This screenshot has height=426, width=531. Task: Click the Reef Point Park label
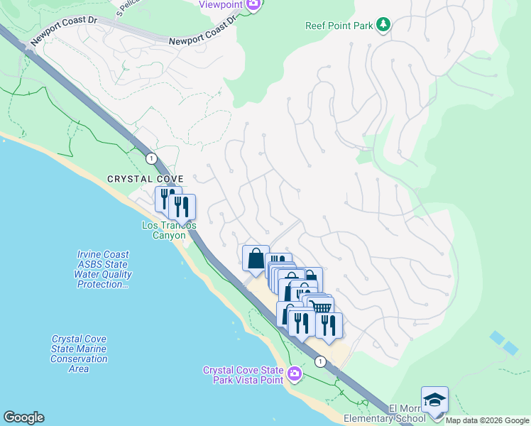click(x=339, y=26)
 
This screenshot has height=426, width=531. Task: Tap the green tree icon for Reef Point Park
click(x=383, y=25)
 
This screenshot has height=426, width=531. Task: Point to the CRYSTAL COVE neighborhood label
click(x=146, y=179)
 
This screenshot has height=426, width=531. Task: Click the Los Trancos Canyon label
click(x=169, y=230)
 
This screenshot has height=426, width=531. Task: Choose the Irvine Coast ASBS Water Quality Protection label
click(x=104, y=270)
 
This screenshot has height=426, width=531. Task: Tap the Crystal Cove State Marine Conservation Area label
click(x=79, y=354)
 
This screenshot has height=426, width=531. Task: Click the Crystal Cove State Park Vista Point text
click(x=243, y=375)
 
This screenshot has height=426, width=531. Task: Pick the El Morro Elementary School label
click(x=407, y=413)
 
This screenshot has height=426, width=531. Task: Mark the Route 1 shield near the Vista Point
click(x=321, y=361)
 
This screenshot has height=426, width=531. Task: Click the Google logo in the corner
click(x=23, y=417)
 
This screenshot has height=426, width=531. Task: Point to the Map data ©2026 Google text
click(x=487, y=420)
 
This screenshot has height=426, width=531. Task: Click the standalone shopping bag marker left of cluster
click(x=255, y=258)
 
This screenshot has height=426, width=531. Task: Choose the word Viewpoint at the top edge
click(x=221, y=4)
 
